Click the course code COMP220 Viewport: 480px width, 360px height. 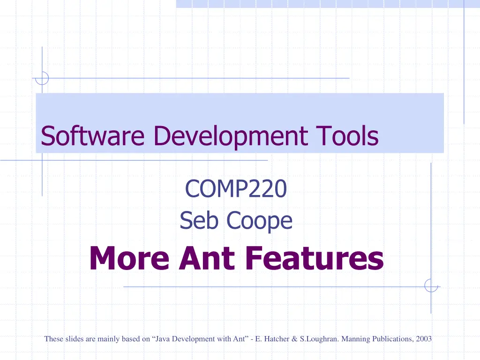coord(236,189)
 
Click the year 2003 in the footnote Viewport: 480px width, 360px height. coord(424,339)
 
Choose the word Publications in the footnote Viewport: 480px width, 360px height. coord(391,339)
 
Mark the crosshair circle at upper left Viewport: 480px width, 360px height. coord(42,78)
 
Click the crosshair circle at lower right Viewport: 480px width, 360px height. coord(431,285)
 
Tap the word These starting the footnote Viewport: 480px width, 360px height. coord(53,339)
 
